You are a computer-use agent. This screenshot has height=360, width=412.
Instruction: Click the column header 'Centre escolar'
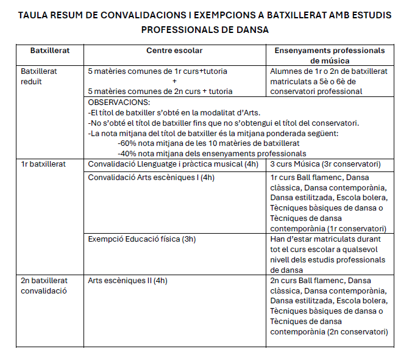[174, 51]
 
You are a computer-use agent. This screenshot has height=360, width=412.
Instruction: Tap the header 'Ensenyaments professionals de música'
[330, 56]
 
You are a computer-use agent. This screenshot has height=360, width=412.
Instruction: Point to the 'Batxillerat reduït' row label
[40, 76]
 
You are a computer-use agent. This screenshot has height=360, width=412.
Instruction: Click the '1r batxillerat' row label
[44, 164]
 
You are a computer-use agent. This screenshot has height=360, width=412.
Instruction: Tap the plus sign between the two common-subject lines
[175, 81]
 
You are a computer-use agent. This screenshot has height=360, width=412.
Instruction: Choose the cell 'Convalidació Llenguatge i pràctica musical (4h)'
[173, 164]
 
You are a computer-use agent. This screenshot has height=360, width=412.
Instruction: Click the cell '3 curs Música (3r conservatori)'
[325, 164]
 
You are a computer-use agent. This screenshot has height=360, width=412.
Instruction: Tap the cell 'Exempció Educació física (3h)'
[142, 239]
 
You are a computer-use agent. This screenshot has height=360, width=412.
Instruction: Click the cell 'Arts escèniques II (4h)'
[127, 281]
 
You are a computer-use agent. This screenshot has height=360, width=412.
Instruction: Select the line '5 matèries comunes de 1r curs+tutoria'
[157, 71]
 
